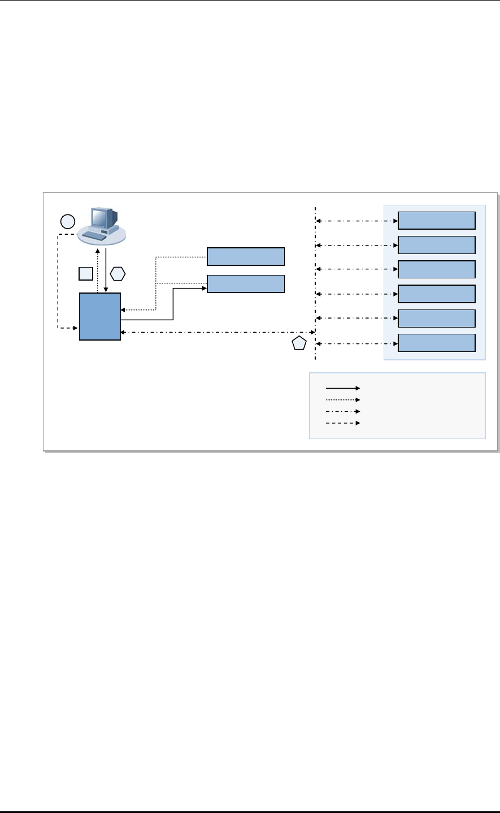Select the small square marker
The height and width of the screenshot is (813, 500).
tap(85, 274)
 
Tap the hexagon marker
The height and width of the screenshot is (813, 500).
tap(117, 274)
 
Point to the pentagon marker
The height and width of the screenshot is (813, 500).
tap(299, 343)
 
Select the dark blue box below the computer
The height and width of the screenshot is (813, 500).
tap(100, 316)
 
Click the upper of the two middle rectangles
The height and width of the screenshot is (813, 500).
tap(246, 256)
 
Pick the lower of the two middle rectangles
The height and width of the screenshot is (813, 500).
tap(246, 283)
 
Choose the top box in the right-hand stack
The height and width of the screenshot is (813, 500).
tap(437, 220)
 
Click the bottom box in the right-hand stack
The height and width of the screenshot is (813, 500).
tap(437, 343)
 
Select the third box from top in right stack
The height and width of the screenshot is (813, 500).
tap(437, 269)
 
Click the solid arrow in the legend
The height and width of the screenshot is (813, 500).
tap(342, 388)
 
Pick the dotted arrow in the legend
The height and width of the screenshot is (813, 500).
tap(342, 399)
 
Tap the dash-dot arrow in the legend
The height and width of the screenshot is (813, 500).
tap(342, 411)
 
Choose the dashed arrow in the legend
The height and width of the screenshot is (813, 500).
tap(342, 423)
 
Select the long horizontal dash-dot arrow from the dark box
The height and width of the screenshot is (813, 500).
tap(218, 332)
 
